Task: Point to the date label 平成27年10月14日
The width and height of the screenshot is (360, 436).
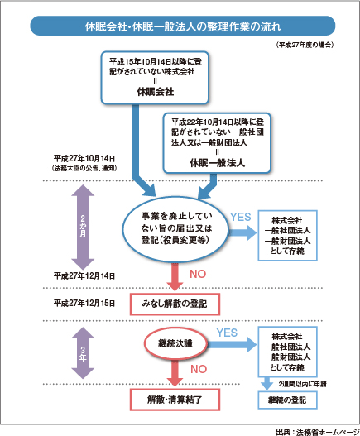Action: click(83, 158)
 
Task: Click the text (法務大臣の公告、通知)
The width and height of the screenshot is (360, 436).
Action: click(83, 168)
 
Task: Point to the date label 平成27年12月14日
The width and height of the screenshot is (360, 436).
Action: click(83, 275)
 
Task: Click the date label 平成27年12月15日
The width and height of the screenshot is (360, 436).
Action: click(83, 304)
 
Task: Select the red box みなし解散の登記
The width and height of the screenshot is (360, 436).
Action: click(174, 304)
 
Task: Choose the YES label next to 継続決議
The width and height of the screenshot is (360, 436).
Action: click(228, 331)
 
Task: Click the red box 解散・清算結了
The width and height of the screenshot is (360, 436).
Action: click(174, 399)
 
